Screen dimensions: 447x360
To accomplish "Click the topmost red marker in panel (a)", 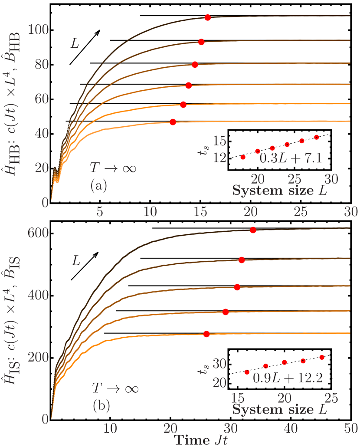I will [208, 18].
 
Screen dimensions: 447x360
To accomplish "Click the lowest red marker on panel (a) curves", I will [173, 122].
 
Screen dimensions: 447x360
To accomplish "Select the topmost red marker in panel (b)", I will [253, 230].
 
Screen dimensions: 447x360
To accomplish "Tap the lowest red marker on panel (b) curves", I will [206, 334].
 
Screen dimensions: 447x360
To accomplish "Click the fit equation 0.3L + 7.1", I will [291, 158].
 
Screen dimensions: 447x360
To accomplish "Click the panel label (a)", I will [98, 186].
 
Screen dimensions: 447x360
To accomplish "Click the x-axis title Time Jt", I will [201, 440].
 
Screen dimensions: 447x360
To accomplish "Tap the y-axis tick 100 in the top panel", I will [37, 30].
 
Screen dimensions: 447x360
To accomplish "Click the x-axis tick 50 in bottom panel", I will [350, 428].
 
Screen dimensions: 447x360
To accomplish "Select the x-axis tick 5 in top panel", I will [99, 211].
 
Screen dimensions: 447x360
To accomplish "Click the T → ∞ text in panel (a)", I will [113, 168].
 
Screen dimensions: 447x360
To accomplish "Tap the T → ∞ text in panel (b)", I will [115, 387].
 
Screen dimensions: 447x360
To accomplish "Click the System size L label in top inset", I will [280, 191].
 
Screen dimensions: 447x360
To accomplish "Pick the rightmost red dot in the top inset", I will [317, 137].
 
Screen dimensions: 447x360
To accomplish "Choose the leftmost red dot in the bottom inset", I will [247, 372].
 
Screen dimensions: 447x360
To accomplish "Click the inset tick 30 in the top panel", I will [331, 179].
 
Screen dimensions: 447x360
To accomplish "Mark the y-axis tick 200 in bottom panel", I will [37, 357].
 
